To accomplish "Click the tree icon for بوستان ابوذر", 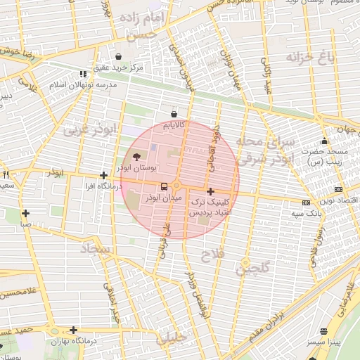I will [136, 157].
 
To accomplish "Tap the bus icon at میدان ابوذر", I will [164, 186].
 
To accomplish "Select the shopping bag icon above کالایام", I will [174, 114].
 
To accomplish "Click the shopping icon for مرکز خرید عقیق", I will [117, 57].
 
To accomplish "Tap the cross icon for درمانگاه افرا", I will [103, 176].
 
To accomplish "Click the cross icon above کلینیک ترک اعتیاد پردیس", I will [210, 191].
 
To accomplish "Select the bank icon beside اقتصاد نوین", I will [338, 190].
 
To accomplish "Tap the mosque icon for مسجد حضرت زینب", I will [323, 141].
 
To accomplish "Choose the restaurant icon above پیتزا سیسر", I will [323, 331].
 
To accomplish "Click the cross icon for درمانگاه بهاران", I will [73, 330].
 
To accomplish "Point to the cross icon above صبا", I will [25, 213].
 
